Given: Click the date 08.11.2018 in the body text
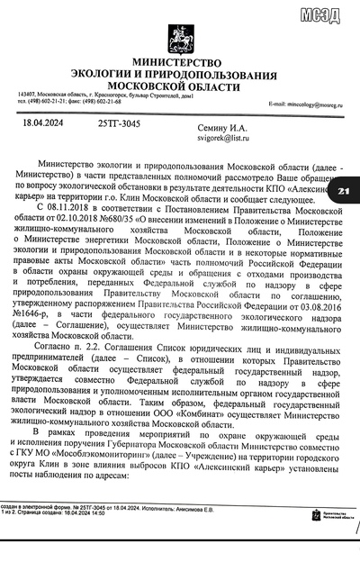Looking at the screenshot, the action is click(x=62, y=206).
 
